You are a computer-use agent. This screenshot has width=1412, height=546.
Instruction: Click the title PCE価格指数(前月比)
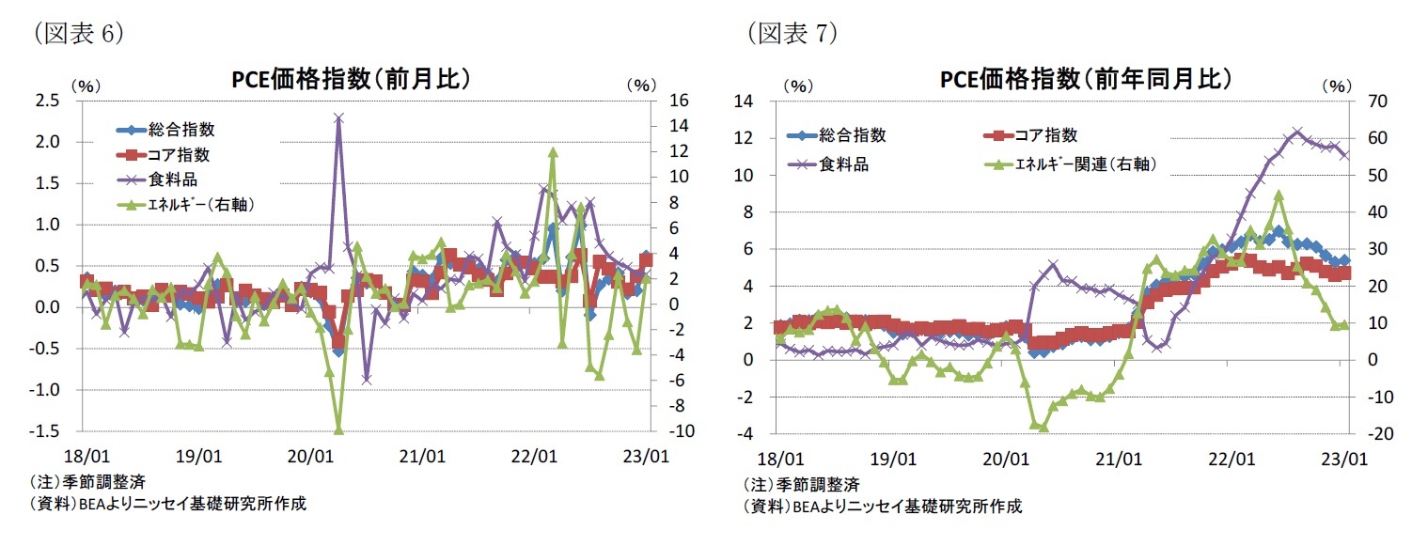click(x=351, y=79)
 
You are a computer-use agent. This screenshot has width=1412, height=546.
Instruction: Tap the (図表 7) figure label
click(x=792, y=34)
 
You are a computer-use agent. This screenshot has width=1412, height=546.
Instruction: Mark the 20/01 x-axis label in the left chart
click(x=310, y=457)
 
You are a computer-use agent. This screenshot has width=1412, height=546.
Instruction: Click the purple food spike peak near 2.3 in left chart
click(x=338, y=118)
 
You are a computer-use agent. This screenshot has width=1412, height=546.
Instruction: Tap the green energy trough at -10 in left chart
click(x=338, y=430)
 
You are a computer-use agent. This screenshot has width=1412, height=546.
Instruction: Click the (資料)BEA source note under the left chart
click(x=167, y=504)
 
